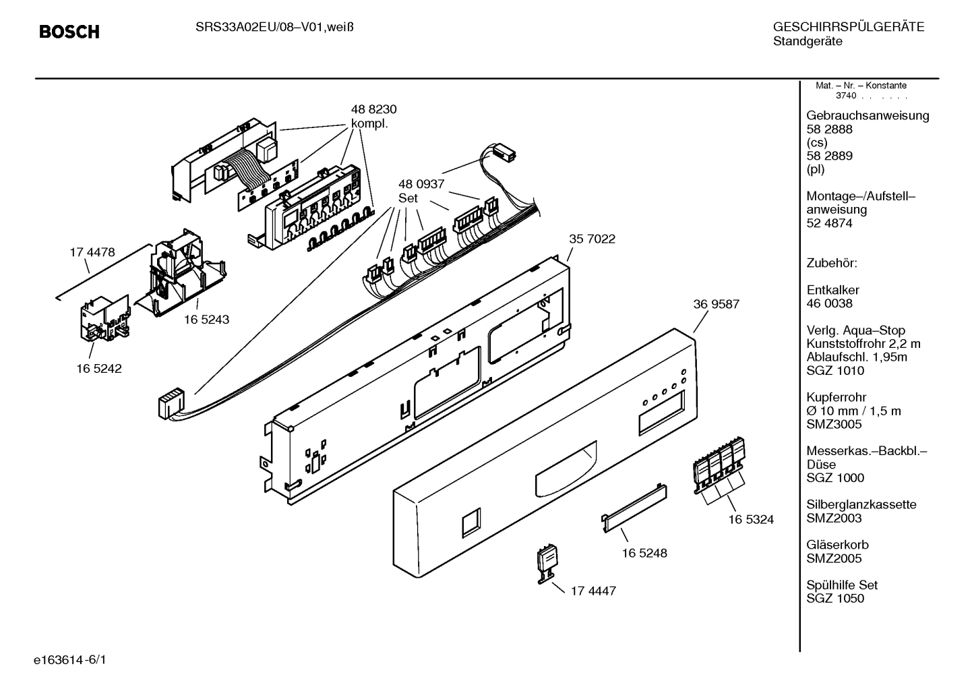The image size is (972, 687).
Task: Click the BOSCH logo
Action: pyautogui.click(x=69, y=32)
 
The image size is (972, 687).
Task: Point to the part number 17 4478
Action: pyautogui.click(x=92, y=252)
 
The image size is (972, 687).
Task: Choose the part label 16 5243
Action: pyautogui.click(x=206, y=320)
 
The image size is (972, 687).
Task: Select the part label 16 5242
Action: pyautogui.click(x=99, y=369)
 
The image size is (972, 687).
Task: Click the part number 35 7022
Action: pyautogui.click(x=592, y=239)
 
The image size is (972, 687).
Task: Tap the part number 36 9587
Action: pyautogui.click(x=716, y=304)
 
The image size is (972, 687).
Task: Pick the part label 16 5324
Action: pyautogui.click(x=751, y=519)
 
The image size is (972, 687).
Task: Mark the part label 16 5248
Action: pyautogui.click(x=644, y=553)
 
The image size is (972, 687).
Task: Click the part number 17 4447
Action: pyautogui.click(x=593, y=591)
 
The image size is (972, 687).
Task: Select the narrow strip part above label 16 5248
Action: pyautogui.click(x=634, y=502)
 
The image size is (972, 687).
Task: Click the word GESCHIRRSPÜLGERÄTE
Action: pyautogui.click(x=848, y=28)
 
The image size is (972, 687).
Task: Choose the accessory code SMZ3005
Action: pyautogui.click(x=834, y=424)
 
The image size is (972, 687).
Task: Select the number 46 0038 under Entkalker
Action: pyautogui.click(x=829, y=303)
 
